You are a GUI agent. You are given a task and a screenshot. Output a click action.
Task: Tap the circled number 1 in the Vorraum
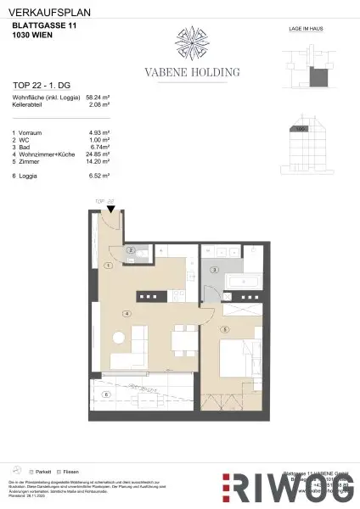point(108,266)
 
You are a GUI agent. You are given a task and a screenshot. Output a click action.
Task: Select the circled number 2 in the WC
point(131,250)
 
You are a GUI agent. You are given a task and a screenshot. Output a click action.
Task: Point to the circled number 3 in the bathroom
point(215,270)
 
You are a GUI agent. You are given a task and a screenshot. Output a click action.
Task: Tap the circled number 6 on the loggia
point(106,394)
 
